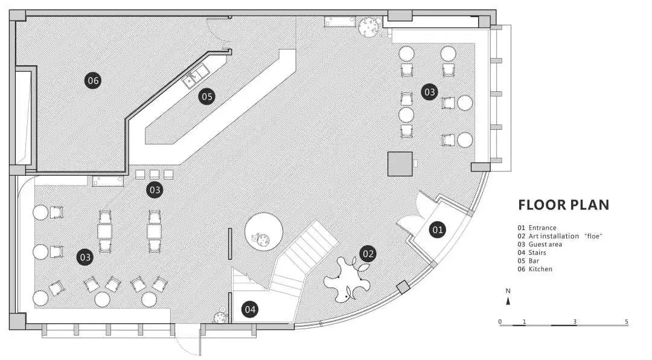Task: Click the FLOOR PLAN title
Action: (563, 205)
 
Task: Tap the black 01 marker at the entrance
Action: (437, 230)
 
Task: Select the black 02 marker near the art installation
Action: (368, 254)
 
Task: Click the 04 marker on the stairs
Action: (250, 310)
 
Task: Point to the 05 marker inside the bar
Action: (206, 96)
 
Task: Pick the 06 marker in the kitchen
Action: (92, 80)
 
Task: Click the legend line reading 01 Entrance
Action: (537, 228)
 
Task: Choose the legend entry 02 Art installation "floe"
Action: (560, 236)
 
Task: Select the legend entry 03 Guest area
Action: (540, 244)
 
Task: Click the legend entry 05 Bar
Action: (529, 261)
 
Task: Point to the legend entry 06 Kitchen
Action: (535, 269)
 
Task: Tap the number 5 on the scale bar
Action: (627, 321)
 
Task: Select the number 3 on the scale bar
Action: (575, 321)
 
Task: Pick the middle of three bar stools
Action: (154, 174)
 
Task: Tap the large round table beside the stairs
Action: (264, 231)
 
